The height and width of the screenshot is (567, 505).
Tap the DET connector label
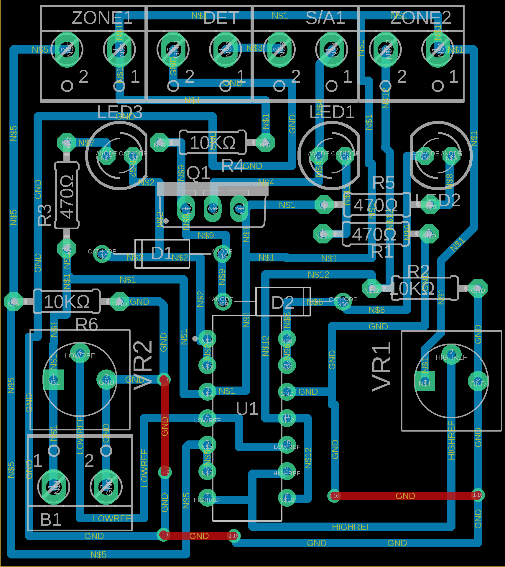point(221,18)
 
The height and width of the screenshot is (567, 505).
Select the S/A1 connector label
point(325,18)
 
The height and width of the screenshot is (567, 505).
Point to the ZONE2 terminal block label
point(421,18)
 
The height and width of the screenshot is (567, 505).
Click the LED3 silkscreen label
point(120,112)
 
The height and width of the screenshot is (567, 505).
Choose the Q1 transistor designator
point(198,173)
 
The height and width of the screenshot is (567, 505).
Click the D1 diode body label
point(162,253)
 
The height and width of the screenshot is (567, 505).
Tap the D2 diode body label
point(282,303)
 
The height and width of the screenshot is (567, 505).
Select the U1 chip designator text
point(247,409)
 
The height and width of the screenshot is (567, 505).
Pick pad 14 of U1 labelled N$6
point(287,339)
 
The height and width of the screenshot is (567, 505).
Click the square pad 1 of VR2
point(53,380)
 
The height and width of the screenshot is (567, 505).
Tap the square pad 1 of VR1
point(425,381)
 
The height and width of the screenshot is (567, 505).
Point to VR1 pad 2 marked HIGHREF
point(451,354)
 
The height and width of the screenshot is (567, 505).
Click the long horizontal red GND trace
point(405,495)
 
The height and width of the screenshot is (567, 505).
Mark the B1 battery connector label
point(51,520)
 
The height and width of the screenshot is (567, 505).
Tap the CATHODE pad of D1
point(102,254)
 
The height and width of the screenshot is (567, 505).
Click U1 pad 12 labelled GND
point(287,392)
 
